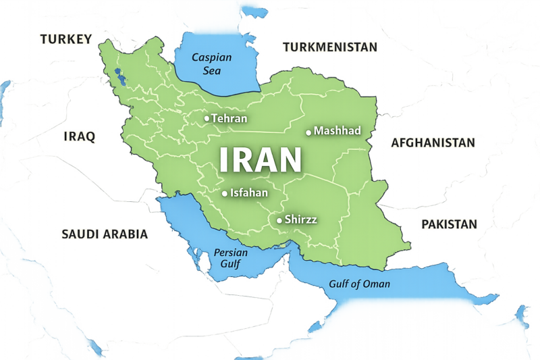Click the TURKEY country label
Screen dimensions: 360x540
[x=65, y=39]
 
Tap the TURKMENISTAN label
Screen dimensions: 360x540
[x=330, y=47]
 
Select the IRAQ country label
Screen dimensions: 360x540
[x=79, y=136]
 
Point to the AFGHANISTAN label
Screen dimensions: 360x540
[x=433, y=143]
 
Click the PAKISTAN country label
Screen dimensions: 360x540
[x=449, y=224]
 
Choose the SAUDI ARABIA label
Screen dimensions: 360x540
[x=105, y=234]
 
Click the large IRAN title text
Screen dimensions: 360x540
[x=260, y=160]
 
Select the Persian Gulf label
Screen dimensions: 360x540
[x=231, y=258]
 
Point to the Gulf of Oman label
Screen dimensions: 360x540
[x=359, y=284]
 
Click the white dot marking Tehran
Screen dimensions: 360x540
[x=207, y=118]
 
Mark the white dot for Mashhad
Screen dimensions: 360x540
[x=308, y=132]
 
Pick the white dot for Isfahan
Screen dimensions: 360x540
[x=225, y=193]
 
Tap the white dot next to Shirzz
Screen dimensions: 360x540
[x=279, y=220]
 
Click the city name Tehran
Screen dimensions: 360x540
[x=229, y=118]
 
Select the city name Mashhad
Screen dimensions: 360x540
[x=337, y=131]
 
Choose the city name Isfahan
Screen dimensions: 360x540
[x=249, y=193]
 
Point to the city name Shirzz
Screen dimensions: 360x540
[x=301, y=220]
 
